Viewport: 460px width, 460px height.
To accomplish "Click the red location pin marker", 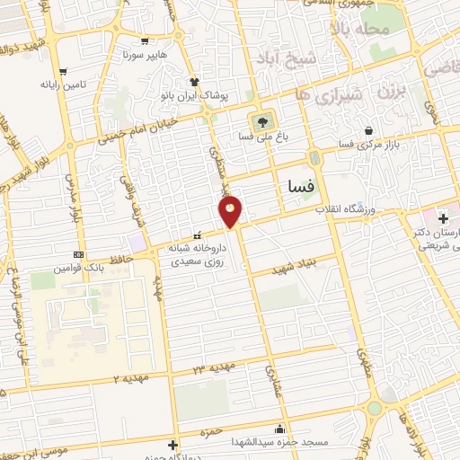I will click(x=231, y=212).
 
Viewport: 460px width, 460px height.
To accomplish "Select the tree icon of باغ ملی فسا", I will click(x=261, y=122).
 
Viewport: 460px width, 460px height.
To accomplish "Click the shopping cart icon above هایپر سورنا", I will click(x=145, y=41).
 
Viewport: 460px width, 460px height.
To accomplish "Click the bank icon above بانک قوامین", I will click(x=78, y=254).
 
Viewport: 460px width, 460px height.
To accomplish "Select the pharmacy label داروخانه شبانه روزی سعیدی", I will click(x=199, y=254).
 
